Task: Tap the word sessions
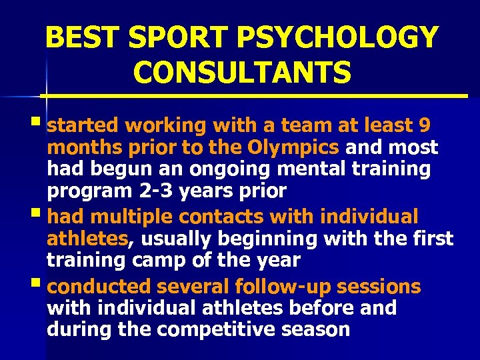379,287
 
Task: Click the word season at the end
316,329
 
